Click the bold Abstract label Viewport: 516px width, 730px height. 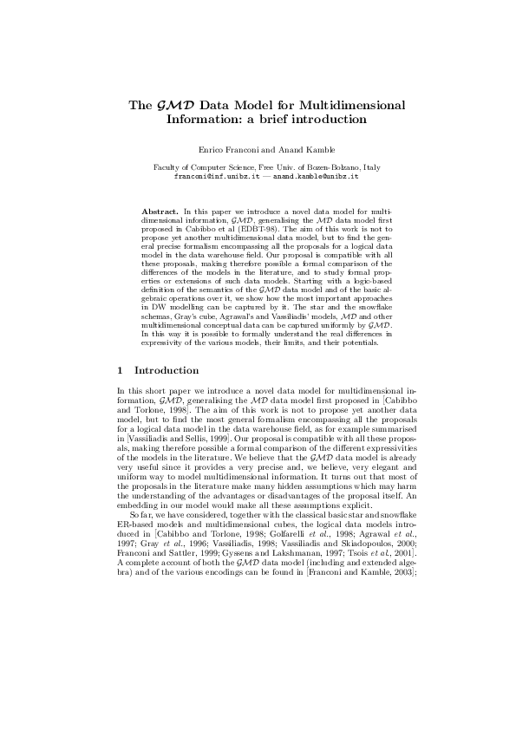tap(160, 211)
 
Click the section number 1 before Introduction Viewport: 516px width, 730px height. tap(121, 369)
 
